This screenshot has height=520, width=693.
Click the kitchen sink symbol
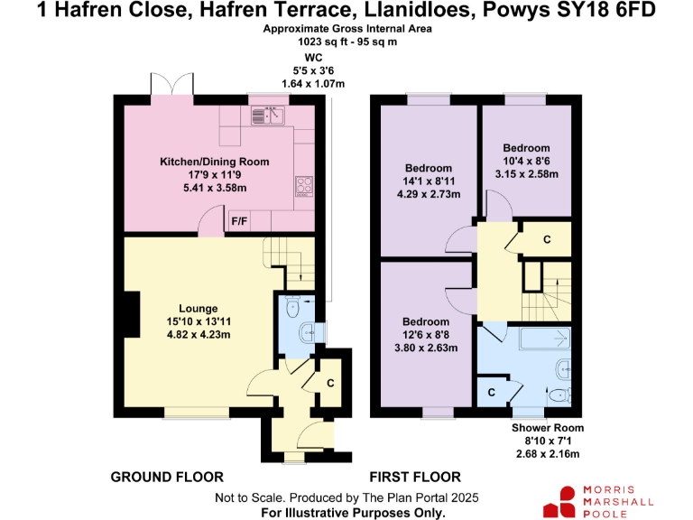pos(269,115)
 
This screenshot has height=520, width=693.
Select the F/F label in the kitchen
pos(240,221)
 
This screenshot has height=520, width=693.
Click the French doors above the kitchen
pos(171,86)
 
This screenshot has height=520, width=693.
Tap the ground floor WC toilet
pos(290,309)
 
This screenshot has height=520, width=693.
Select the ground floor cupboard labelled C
pos(331,383)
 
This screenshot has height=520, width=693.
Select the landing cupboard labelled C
pos(547,239)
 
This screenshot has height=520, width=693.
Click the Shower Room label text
pos(547,428)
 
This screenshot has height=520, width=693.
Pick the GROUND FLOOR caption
pos(166,477)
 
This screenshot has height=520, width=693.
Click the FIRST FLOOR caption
pos(415,477)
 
